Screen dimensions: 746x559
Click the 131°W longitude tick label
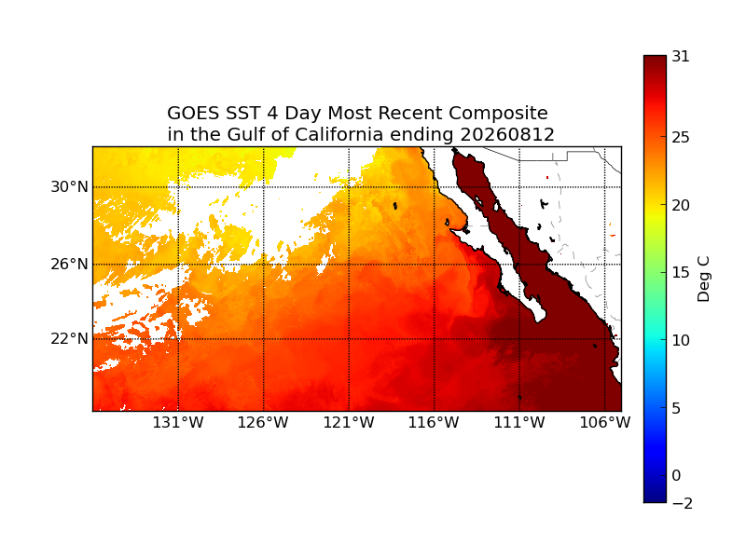178,422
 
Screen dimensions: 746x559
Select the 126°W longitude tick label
263,422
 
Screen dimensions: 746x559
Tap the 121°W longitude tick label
349,422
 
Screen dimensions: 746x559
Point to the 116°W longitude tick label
434,422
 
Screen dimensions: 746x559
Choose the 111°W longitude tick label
519,422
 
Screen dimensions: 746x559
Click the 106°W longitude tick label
604,422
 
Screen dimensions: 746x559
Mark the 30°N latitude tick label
69,187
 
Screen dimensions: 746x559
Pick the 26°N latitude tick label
69,264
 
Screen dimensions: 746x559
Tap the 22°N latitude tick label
69,339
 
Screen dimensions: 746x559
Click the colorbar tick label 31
681,57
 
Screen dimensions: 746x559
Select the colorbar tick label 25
681,137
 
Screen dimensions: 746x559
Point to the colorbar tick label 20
681,205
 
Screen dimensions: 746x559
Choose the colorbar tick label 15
681,272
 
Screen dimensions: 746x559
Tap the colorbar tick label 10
681,340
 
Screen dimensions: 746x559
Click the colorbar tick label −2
683,503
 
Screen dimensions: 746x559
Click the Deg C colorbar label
703,279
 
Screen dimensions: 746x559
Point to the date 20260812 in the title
507,134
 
